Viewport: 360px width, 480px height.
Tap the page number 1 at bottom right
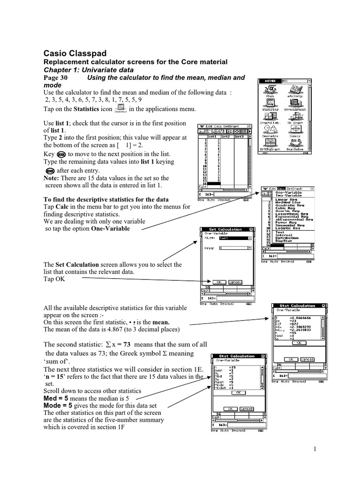click(316, 449)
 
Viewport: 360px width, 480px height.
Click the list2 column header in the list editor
click(225, 136)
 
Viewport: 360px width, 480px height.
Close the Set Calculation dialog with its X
click(251, 229)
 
